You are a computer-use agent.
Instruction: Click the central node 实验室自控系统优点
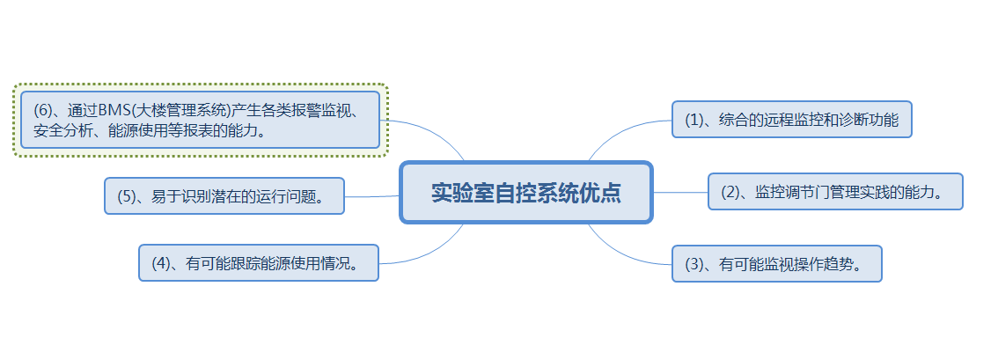[x=525, y=193]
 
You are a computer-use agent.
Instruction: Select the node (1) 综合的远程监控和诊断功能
[x=791, y=120]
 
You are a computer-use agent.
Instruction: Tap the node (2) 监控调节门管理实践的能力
[x=835, y=192]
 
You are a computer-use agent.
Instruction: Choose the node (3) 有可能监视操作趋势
[x=776, y=263]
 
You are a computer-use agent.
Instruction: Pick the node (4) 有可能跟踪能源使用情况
[x=259, y=263]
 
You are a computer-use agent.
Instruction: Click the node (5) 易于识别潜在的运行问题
[x=224, y=196]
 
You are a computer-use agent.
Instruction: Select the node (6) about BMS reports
[x=200, y=121]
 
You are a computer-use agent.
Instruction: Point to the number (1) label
[x=696, y=121]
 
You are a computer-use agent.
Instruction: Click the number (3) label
[x=696, y=264]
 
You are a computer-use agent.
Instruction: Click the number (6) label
[x=45, y=111]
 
